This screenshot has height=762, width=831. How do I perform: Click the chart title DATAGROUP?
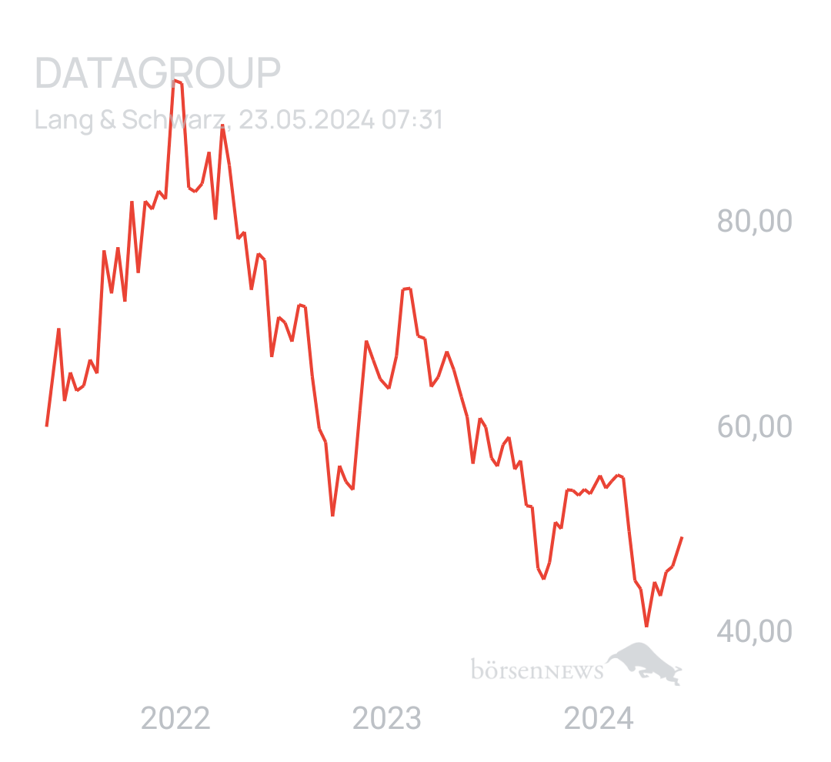158,74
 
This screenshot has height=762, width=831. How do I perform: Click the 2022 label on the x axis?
176,719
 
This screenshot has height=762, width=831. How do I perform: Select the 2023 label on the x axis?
387,719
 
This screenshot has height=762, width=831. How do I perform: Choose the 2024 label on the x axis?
599,719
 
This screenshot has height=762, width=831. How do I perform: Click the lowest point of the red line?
646,627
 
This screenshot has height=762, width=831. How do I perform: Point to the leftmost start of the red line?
46,426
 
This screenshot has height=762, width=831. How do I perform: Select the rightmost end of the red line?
682,536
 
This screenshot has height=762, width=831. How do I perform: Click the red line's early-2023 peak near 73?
407,288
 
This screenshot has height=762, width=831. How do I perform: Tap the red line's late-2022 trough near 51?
332,515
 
